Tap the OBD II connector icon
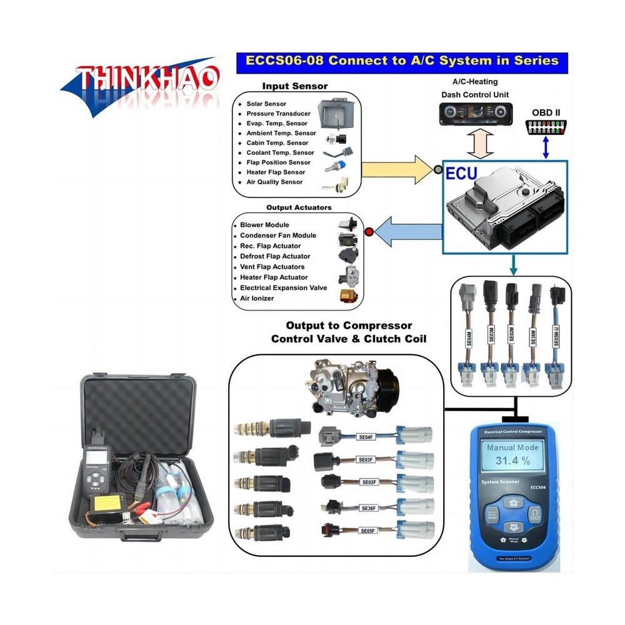546,127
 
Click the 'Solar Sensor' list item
266,104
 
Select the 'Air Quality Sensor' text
274,182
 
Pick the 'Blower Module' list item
264,225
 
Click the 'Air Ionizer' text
257,299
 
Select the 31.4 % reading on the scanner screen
512,461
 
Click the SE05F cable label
367,531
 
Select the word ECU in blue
461,175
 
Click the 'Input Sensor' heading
294,86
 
